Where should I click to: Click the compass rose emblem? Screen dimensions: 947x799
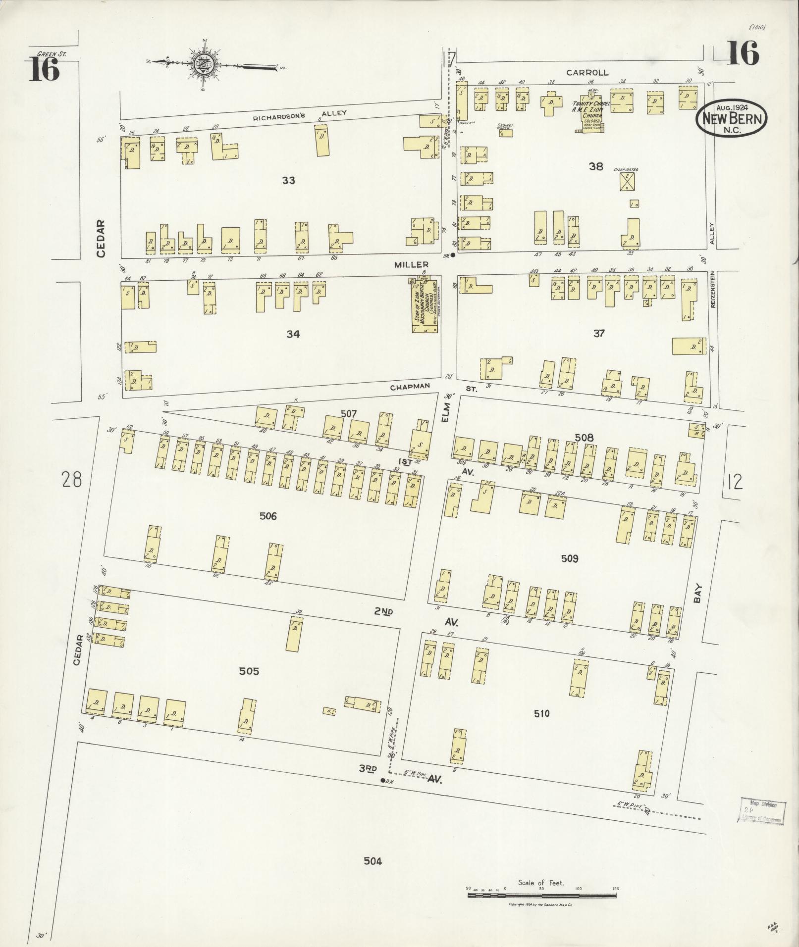204,63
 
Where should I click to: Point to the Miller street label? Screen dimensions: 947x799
411,265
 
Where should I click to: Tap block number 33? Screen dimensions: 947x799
288,181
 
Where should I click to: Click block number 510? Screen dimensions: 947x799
541,713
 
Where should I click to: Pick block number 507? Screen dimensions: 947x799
349,413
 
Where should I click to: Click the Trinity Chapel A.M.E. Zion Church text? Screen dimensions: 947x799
588,113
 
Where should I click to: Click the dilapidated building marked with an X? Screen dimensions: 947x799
628,182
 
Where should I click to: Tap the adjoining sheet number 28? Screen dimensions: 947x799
71,479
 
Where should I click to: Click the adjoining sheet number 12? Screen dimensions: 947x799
735,481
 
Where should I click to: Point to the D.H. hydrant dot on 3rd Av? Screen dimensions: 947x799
382,781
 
